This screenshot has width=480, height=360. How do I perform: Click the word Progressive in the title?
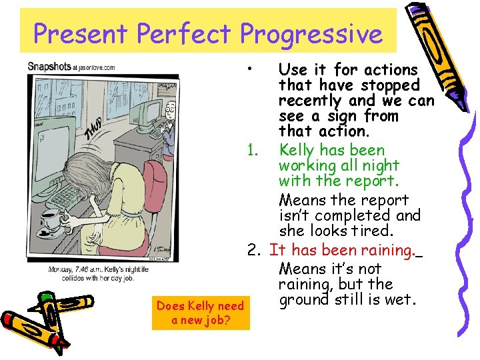coord(311,33)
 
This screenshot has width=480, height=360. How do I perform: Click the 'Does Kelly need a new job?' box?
coord(200,313)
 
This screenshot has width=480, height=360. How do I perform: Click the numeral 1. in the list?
coord(252,150)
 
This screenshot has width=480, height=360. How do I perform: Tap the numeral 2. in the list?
coord(253,251)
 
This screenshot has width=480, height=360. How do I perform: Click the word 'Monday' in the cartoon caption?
coord(59,270)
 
